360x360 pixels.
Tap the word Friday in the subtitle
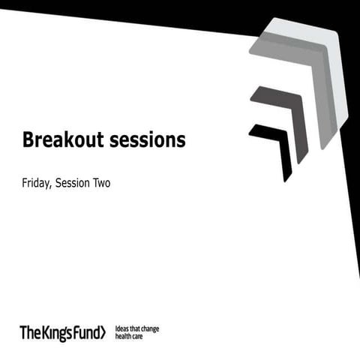point(36,182)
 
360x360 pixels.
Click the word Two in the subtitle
point(101,182)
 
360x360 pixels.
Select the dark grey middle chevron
point(284,113)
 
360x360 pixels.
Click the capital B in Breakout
point(28,139)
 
